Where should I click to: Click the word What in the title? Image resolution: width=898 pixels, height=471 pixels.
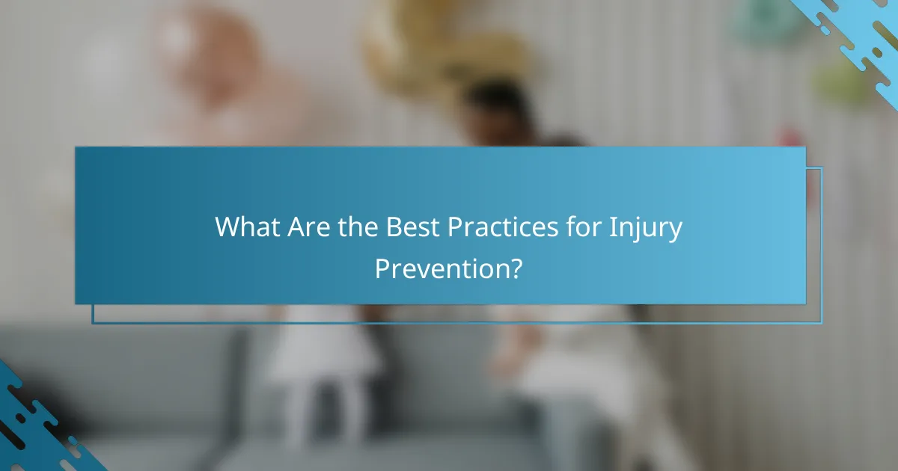[247, 227]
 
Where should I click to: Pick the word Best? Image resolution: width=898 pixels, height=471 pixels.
[413, 227]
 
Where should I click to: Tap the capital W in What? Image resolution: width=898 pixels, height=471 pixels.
[228, 227]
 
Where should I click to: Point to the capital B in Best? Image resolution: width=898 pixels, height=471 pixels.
[393, 227]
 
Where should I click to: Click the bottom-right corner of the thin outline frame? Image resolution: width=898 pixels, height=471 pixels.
[822, 323]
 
